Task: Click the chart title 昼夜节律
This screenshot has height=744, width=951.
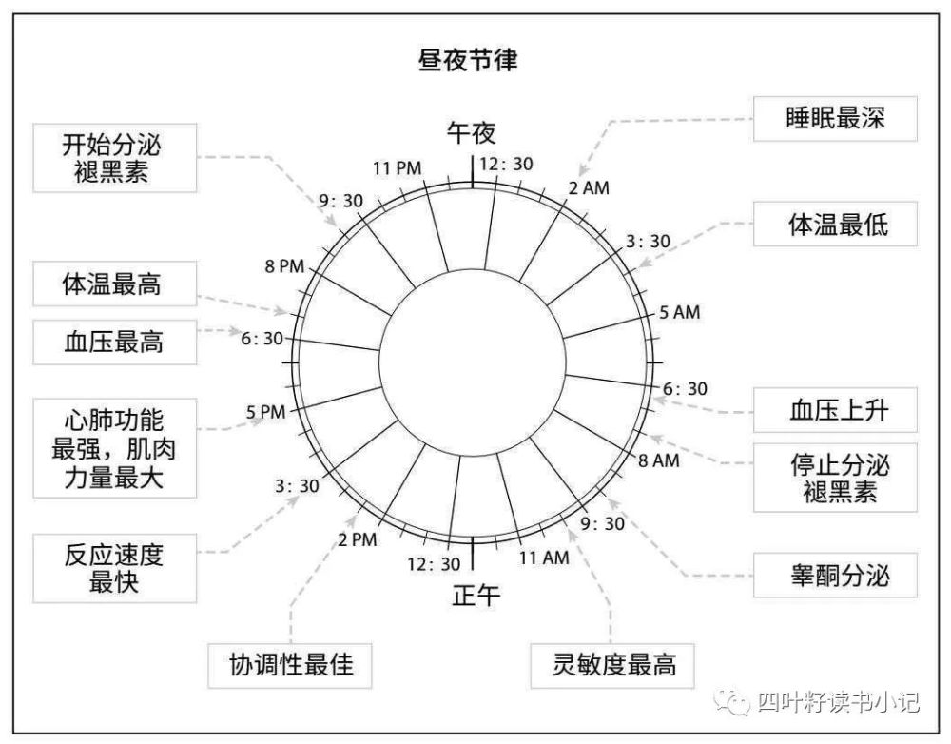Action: pos(468,60)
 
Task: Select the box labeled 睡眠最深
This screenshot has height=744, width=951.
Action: pos(835,118)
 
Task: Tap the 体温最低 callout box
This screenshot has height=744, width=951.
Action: pos(835,224)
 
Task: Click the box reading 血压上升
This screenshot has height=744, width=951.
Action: pos(835,410)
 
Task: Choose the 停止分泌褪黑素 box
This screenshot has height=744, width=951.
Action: pos(835,477)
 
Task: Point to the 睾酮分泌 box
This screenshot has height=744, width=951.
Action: pos(835,575)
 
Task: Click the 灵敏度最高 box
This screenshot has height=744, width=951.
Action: pos(611,666)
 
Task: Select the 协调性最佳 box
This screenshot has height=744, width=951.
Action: pos(290,666)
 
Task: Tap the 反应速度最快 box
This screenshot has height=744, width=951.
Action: pos(115,568)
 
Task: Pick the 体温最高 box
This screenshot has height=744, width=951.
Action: pos(115,284)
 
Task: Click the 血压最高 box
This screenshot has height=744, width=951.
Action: pos(115,343)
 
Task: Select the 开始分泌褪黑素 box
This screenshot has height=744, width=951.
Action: pos(115,158)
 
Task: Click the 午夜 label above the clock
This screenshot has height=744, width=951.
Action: pos(472,133)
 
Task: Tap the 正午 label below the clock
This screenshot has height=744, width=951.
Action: pos(476,596)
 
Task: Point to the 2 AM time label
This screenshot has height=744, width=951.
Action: pos(589,188)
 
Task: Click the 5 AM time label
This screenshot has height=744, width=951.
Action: pos(679,312)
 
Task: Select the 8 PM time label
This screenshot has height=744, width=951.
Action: pos(284,265)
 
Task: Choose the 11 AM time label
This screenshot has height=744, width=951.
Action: pos(544,558)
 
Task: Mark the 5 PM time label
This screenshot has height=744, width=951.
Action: pos(265,412)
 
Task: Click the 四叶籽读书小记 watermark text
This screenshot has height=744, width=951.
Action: pos(838,702)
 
